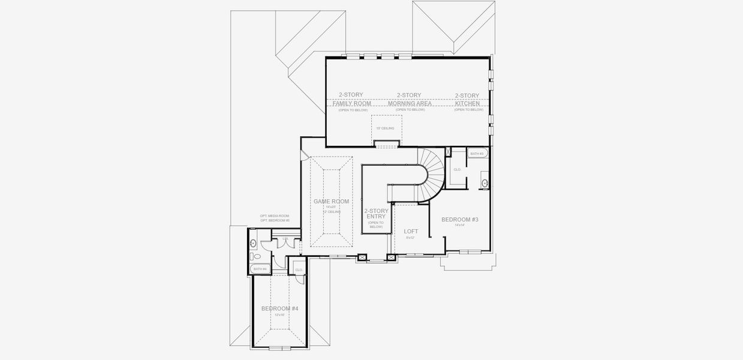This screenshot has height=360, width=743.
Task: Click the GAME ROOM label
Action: click(331, 202)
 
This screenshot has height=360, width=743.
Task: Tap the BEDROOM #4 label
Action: click(279, 308)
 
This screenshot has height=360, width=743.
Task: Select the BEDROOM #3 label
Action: click(460, 220)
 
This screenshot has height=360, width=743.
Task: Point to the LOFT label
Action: click(411, 231)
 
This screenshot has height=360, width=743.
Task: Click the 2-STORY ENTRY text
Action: click(376, 214)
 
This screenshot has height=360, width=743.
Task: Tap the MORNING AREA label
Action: click(410, 103)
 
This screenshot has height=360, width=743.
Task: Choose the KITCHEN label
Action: click(467, 103)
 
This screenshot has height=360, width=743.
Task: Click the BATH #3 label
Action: click(477, 154)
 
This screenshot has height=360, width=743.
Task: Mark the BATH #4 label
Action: click(260, 269)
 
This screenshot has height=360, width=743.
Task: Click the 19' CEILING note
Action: click(386, 128)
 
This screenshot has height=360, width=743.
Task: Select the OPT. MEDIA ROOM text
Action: click(275, 215)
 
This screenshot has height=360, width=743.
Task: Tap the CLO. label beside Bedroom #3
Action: click(457, 170)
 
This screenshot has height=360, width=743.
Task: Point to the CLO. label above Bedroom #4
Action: click(299, 270)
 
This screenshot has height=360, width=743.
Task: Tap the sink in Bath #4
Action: click(253, 244)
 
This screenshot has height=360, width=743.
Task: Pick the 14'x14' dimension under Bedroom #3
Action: click(460, 226)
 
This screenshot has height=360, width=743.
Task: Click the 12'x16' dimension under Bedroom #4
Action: click(279, 314)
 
